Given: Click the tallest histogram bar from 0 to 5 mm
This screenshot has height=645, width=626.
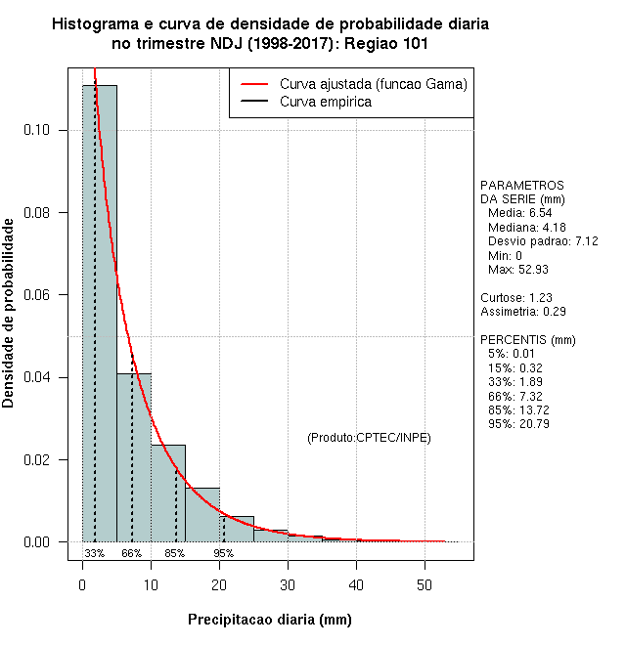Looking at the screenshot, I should [99, 313].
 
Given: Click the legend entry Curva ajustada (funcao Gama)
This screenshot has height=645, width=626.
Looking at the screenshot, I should [373, 85].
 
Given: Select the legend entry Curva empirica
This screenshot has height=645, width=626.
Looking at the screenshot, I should [325, 102].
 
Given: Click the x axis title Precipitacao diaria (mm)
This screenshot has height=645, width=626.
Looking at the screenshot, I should [269, 620].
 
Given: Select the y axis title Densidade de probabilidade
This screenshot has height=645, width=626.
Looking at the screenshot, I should [9, 313].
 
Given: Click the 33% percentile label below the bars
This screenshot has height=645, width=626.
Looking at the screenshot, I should [94, 553].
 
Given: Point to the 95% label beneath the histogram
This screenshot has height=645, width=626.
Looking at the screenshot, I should [223, 553].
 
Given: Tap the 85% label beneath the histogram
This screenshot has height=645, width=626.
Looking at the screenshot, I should [174, 553].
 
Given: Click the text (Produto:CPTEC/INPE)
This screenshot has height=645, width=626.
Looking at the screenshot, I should [369, 438].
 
